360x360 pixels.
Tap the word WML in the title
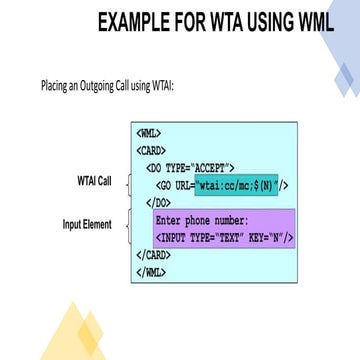pos(317,21)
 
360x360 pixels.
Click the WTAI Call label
pos(94,181)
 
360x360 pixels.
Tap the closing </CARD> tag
pos(153,254)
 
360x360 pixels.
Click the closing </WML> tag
pos(149,271)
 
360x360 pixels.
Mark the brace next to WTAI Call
pos(128,183)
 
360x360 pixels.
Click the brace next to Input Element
pos(127,226)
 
